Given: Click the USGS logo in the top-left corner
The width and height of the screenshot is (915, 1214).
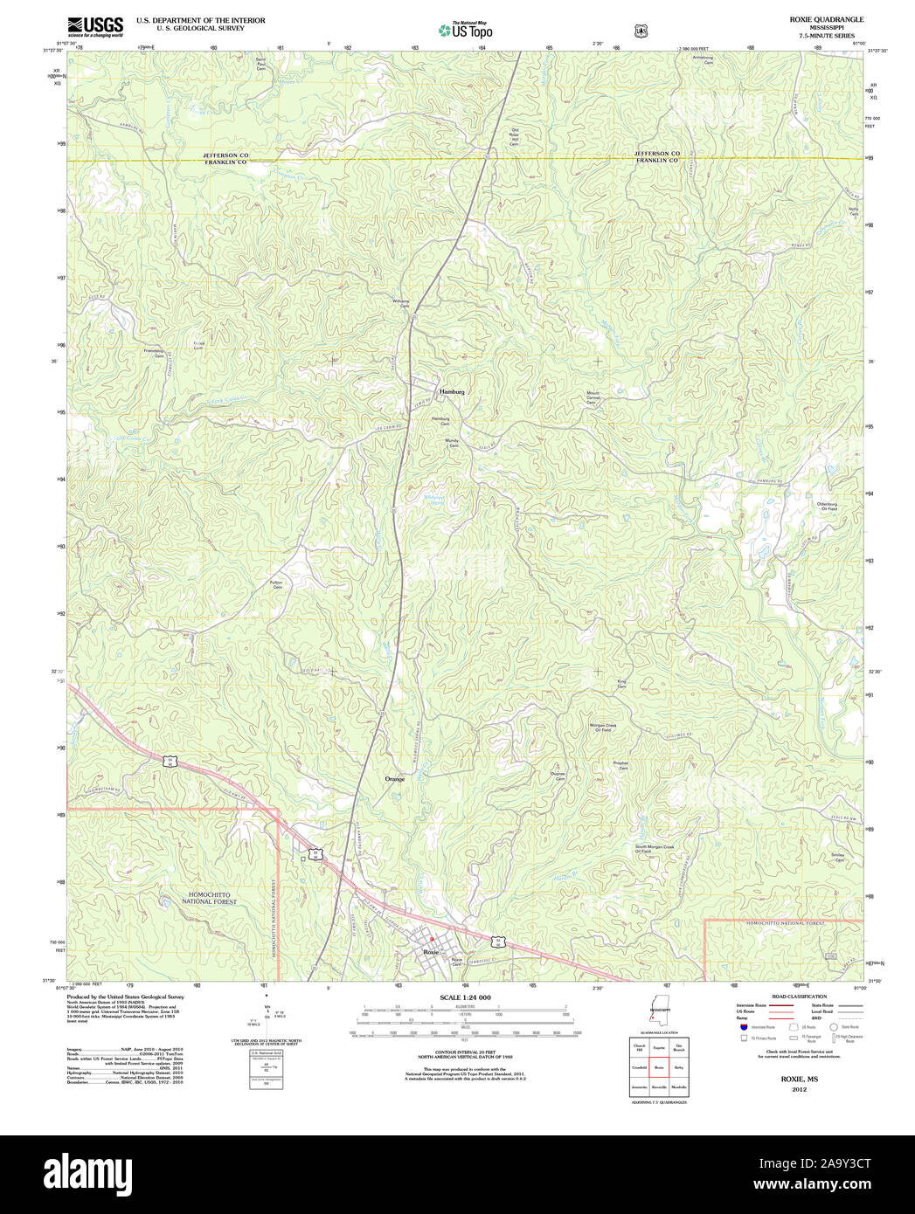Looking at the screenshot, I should [x=94, y=26].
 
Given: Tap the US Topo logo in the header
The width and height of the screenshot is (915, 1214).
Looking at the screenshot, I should [x=465, y=31].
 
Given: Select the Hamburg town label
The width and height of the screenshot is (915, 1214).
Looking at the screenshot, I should [x=452, y=391].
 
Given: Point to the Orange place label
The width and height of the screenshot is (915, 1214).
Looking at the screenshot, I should [x=395, y=778].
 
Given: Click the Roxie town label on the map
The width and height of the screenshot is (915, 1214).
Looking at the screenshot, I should [x=430, y=951].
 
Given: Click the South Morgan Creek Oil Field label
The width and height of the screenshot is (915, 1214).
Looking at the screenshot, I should [x=655, y=848].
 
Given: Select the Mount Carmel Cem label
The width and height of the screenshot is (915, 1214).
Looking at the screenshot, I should [x=593, y=397].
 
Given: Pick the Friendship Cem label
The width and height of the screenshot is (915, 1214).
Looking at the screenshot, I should [x=154, y=354].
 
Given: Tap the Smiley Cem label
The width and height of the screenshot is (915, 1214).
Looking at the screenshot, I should [x=839, y=859].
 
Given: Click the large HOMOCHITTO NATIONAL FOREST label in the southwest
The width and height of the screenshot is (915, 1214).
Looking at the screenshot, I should [x=210, y=900].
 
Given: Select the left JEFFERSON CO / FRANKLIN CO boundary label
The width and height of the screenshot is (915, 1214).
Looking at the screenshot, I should [x=225, y=158].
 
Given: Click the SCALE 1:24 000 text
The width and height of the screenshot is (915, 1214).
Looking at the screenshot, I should [x=465, y=997].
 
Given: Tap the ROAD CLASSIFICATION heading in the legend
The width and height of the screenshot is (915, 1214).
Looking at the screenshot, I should [x=799, y=997].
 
